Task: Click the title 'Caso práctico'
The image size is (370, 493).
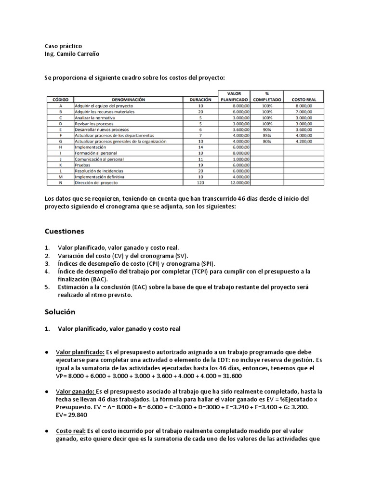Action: [63, 46]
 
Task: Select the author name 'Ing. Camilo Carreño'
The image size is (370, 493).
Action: [72, 54]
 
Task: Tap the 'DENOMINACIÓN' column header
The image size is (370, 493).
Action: [128, 99]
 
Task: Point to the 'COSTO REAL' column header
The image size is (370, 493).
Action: [304, 99]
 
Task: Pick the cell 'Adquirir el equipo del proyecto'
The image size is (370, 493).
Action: [104, 105]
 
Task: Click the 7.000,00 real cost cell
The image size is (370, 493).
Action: [304, 112]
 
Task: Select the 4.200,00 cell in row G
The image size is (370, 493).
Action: [304, 142]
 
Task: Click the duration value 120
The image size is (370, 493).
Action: [201, 183]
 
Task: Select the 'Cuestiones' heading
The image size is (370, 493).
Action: [65, 231]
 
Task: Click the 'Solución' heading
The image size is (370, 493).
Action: [60, 311]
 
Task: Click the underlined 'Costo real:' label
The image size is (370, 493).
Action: [71, 431]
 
